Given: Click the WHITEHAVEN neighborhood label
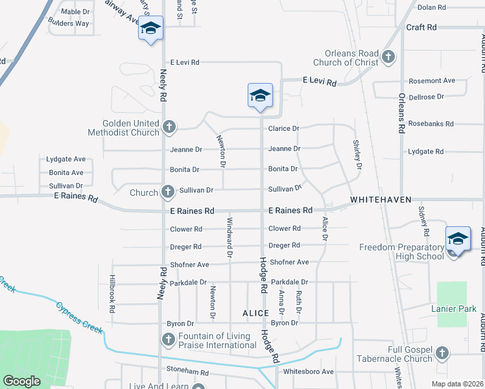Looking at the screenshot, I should pyautogui.click(x=381, y=200).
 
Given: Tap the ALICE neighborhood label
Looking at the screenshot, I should pyautogui.click(x=255, y=313).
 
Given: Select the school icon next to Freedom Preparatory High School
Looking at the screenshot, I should pyautogui.click(x=458, y=239).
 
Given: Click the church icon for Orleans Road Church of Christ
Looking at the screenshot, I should pyautogui.click(x=388, y=57).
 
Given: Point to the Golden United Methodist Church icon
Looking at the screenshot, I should pyautogui.click(x=169, y=126).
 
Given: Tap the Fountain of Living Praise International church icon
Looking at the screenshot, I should pyautogui.click(x=168, y=339).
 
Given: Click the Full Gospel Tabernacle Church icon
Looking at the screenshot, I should pyautogui.click(x=442, y=353).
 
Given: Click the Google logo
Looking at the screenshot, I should pyautogui.click(x=21, y=381).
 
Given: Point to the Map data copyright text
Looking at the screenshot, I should pyautogui.click(x=456, y=384).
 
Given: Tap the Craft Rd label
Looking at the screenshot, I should pyautogui.click(x=421, y=27).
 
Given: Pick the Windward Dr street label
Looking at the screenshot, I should pyautogui.click(x=230, y=237).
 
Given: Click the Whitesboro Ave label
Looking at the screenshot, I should pyautogui.click(x=308, y=371).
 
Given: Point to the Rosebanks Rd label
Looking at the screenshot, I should pyautogui.click(x=431, y=123).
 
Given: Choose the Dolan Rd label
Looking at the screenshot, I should pyautogui.click(x=432, y=7).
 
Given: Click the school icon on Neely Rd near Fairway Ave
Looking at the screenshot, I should pyautogui.click(x=150, y=29).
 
